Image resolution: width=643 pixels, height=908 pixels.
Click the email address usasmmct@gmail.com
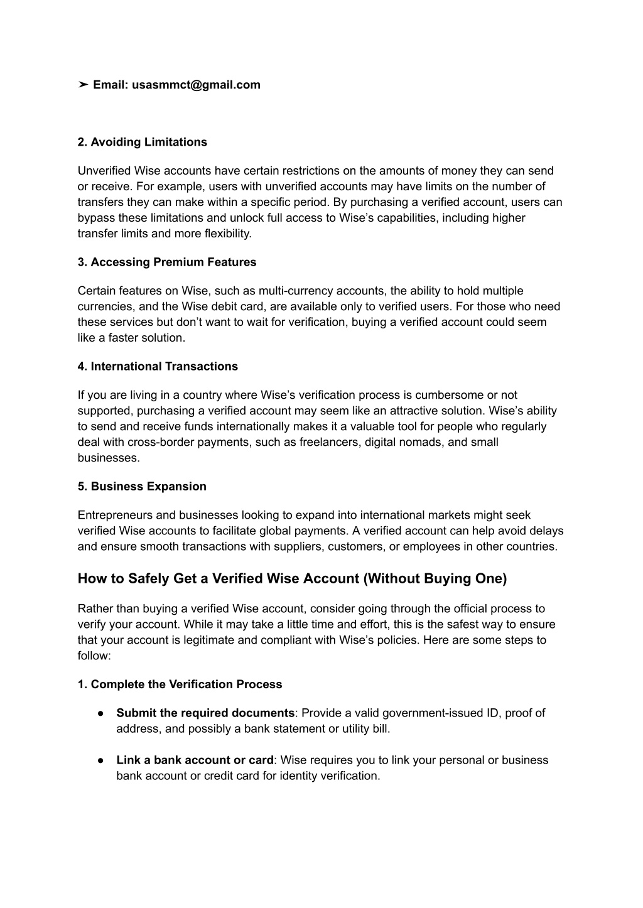coord(196,85)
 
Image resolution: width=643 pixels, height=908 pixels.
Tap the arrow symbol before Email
coord(83,85)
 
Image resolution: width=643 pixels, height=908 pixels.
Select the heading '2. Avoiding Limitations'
coord(143,142)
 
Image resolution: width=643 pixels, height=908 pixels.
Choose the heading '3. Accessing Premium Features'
coord(167,262)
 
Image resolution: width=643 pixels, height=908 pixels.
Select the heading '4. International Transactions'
coord(158,366)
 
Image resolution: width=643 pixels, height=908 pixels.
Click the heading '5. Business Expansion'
coord(142,486)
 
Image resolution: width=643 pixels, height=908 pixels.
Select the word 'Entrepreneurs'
coord(115,515)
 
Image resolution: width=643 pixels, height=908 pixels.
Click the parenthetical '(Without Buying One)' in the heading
coord(435,578)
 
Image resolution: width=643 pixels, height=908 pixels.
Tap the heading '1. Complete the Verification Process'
coord(180,684)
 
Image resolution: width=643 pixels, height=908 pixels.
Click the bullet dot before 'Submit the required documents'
coord(100,713)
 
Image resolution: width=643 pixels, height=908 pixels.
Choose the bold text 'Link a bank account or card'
coord(195,760)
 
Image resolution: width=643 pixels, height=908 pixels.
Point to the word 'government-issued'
coord(401,713)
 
